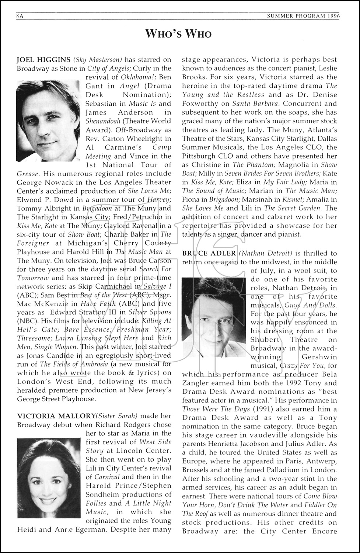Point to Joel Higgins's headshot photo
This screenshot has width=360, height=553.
tap(48, 118)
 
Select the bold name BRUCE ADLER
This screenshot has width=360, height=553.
tap(209, 253)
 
